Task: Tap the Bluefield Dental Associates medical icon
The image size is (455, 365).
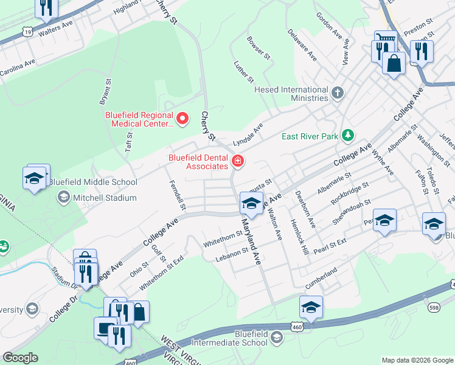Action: coord(238,162)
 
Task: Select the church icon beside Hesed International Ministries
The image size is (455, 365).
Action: coord(337,93)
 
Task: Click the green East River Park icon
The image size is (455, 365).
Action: coord(347,135)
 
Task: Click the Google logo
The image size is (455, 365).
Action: coord(20,358)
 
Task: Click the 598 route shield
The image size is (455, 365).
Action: coord(433,307)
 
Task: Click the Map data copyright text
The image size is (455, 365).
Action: coord(417,360)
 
